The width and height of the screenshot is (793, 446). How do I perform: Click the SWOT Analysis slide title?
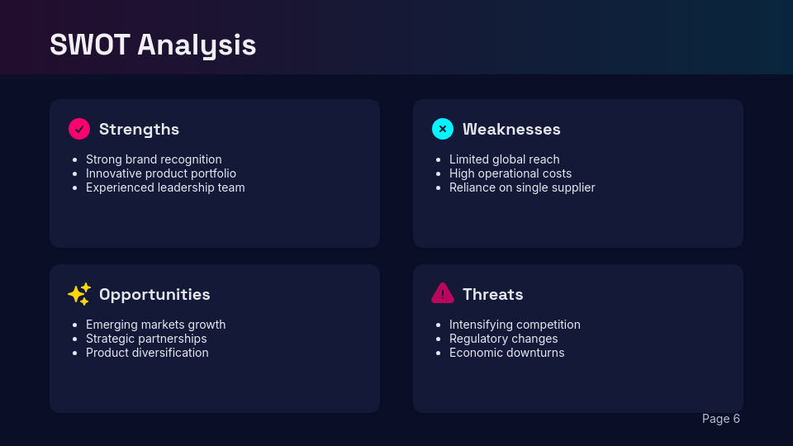pos(153,45)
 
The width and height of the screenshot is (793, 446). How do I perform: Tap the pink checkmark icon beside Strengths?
pos(79,129)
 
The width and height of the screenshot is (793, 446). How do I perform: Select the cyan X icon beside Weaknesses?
pos(443,129)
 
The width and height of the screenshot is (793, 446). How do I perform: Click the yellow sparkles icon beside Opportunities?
pos(79,294)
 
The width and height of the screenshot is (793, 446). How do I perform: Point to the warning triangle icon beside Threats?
pos(443,293)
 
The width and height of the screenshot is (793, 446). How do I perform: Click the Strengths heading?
pos(139,129)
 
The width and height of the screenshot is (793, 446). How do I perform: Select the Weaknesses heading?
pos(511,129)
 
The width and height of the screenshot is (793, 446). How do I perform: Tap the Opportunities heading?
pos(154,294)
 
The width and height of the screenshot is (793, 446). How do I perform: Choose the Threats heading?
pos(492,294)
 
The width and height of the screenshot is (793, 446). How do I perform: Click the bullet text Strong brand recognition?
pos(154,159)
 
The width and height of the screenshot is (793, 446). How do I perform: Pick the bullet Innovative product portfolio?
pos(161,173)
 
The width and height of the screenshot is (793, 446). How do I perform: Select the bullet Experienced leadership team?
pos(165,187)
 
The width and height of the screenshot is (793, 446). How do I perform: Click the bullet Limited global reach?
pos(504,159)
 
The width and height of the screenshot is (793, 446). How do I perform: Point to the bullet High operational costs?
pos(510,173)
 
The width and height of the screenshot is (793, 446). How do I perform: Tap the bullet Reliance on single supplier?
pos(522,187)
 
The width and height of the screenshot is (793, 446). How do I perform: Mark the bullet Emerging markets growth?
pos(155,325)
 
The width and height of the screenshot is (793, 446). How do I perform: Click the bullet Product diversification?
pos(147,353)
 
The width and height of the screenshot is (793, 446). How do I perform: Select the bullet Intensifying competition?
pos(515,325)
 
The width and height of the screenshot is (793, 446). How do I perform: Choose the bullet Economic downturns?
pos(506,353)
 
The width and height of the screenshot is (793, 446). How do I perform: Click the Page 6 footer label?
pos(720,419)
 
